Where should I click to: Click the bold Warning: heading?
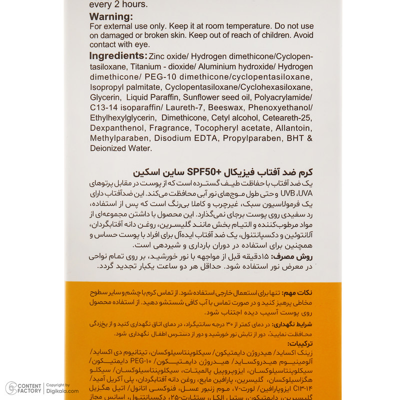111,16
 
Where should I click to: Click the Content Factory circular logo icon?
10,388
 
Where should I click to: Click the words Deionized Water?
120,148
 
